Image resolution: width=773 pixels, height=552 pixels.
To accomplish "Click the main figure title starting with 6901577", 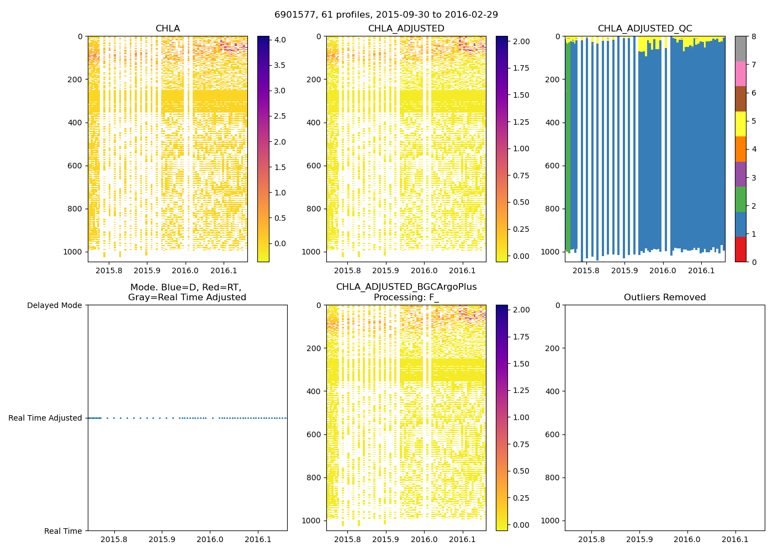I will [386, 14].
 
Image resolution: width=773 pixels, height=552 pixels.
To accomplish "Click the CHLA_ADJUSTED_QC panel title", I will [644, 29].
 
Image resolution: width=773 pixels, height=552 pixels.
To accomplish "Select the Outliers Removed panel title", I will [664, 298].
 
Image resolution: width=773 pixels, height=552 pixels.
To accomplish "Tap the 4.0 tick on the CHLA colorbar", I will [280, 40].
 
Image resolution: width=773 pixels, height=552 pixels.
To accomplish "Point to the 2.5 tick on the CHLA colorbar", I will [280, 116].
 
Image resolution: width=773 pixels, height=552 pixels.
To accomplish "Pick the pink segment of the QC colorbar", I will [740, 73].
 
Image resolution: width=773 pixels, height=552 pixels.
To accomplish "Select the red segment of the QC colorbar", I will [740, 249].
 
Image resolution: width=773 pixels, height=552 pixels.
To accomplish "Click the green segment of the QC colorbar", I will [740, 199].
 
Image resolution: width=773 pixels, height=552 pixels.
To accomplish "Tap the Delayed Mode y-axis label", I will [54, 305].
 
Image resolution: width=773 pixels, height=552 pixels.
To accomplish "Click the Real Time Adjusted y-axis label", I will [45, 418].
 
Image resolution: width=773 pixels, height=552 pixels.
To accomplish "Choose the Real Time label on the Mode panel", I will [63, 531].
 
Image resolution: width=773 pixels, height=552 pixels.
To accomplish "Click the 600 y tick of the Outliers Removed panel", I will [554, 434].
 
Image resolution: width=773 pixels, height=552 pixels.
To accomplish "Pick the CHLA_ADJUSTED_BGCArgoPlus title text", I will [406, 287].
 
